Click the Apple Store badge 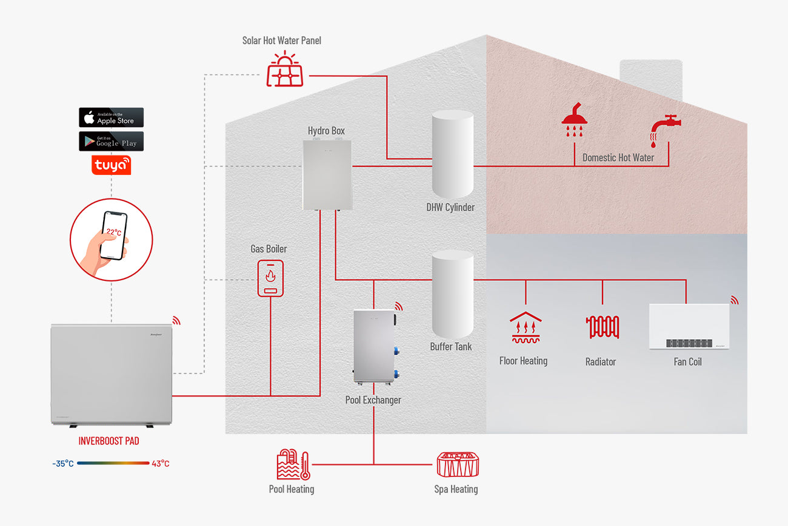(111, 117)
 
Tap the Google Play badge (111, 141)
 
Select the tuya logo (111, 165)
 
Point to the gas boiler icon (270, 278)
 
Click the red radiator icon (602, 327)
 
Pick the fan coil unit (689, 326)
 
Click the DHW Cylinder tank (452, 154)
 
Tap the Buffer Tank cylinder (452, 294)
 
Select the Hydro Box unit (327, 174)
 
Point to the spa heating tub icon (458, 465)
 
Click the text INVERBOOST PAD (109, 441)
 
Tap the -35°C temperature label (64, 464)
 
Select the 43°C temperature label (160, 464)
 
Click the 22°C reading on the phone (113, 232)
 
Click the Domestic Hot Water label (618, 157)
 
